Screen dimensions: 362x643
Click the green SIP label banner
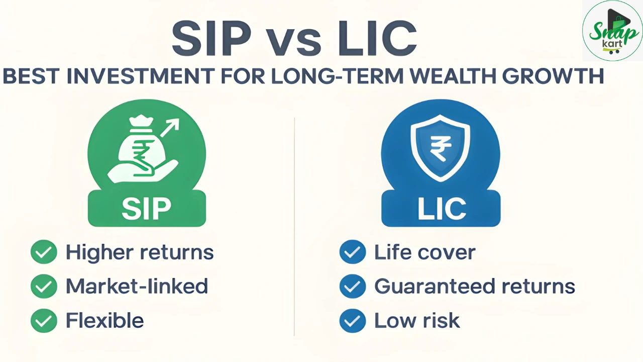click(x=147, y=208)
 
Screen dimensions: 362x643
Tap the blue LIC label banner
click(x=441, y=208)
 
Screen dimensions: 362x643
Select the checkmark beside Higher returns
click(x=44, y=252)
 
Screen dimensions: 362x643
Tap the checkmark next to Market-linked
click(x=44, y=286)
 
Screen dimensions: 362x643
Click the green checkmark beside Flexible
click(x=44, y=320)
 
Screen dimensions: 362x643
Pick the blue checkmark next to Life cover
click(x=352, y=252)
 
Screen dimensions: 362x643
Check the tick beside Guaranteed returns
click(x=352, y=286)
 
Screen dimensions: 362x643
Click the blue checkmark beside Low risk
click(x=352, y=320)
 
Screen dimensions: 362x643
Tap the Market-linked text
click(x=137, y=286)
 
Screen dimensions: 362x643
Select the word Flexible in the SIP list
click(x=104, y=320)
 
